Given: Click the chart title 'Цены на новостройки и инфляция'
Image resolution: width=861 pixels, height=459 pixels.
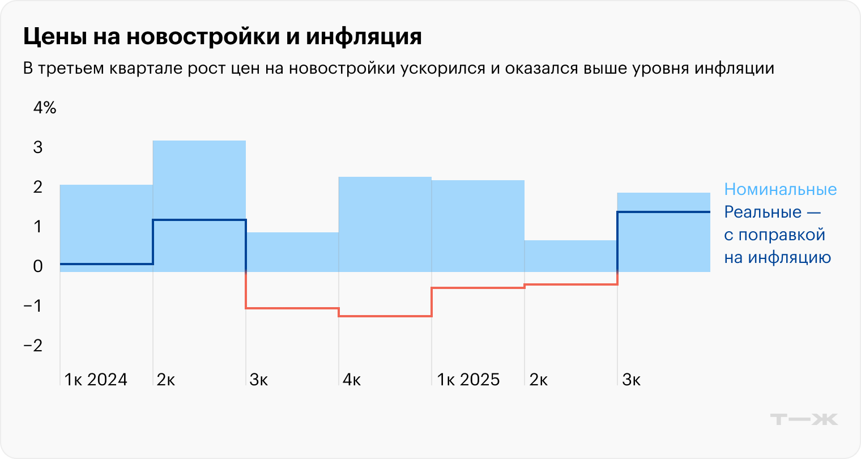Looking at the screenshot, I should pos(222,37).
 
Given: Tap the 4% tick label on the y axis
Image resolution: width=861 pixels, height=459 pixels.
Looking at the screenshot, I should pos(45,108).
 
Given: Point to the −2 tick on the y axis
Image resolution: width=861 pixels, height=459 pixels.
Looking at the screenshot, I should pos(33,346).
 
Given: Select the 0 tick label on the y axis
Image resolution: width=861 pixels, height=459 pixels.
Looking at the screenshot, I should pos(38,266).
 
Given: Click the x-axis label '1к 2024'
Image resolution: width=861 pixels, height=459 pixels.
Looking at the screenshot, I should pos(96,380).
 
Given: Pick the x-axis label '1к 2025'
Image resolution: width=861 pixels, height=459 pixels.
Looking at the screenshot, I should pos(468,380).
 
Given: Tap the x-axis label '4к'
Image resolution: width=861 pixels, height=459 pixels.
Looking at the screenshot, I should pos(352,380).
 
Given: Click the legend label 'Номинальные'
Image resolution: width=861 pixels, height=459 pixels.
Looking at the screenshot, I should pos(780,189).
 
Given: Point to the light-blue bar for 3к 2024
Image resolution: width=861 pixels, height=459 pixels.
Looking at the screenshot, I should pos(292,252).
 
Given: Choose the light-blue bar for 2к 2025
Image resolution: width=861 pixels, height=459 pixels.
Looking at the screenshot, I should pos(571,256).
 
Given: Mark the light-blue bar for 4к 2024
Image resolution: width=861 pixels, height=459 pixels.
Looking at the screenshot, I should pos(385,224).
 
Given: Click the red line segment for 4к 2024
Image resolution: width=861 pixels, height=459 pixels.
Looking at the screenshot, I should pos(385,316).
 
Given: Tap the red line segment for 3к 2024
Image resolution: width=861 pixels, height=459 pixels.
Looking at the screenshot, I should pos(292,308).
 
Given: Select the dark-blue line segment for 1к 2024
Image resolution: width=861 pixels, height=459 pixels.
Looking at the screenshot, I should pos(106,264).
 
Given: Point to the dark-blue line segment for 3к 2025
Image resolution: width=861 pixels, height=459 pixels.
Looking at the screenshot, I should pos(664,212).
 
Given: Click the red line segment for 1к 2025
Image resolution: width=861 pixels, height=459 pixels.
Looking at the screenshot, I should pos(478,288).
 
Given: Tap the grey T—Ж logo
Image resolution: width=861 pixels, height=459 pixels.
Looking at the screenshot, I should pos(804,419).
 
